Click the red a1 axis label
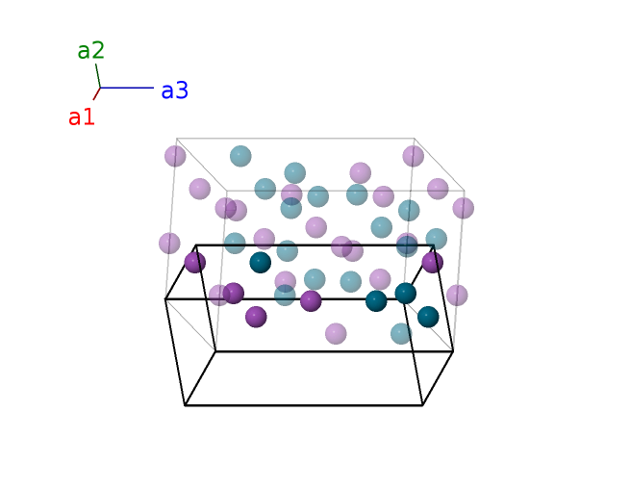coord(82,117)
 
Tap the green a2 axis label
coord(91,51)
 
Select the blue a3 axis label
coord(174,91)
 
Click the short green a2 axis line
coord(97,75)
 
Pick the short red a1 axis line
coord(96,93)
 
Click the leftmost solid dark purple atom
coord(195,262)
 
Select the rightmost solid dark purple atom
coord(433,262)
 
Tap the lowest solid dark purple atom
coord(256,317)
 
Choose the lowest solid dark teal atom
coord(428,317)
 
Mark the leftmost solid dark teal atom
coord(261,262)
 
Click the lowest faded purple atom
coord(336,333)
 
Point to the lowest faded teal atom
coord(401,333)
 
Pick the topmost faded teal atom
coord(240,156)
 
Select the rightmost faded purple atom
coord(464,208)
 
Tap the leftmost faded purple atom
coord(169,244)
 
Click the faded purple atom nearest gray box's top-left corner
coord(175,156)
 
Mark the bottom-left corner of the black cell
coord(185,405)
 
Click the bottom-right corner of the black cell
coord(422,405)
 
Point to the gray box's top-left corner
coord(177,138)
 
